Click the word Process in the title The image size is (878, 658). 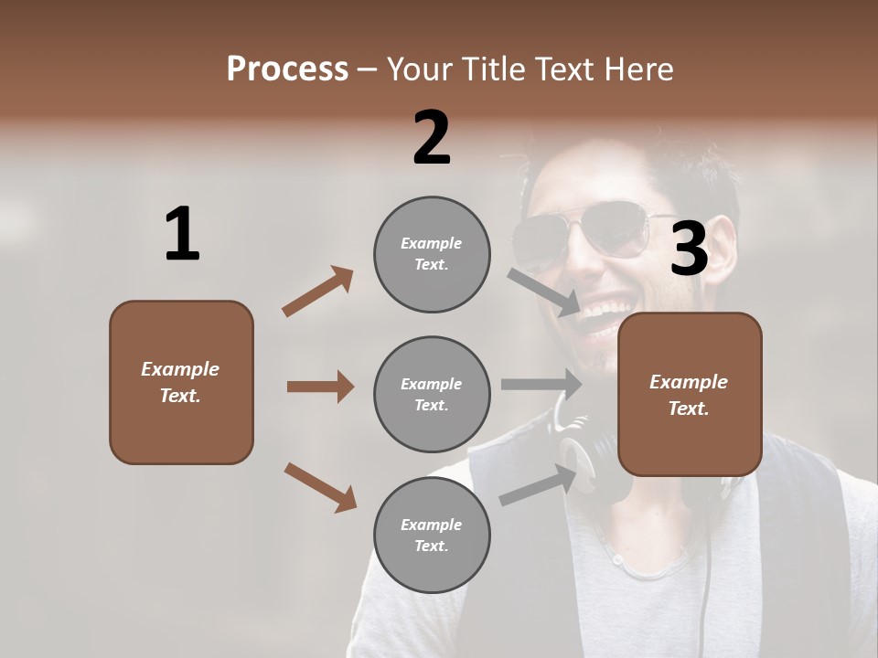(x=287, y=69)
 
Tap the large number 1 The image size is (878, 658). (x=182, y=234)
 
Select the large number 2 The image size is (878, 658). (x=432, y=137)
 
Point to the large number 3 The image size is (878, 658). (x=689, y=249)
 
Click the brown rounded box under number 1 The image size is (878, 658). (x=181, y=382)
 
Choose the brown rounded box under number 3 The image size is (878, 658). (x=690, y=394)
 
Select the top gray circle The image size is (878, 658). (x=432, y=254)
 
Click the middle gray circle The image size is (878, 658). (x=432, y=394)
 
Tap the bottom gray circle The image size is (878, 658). (x=432, y=535)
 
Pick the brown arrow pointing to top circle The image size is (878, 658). (x=317, y=292)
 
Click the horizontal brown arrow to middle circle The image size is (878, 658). (x=319, y=387)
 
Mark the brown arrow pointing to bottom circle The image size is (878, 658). (x=319, y=486)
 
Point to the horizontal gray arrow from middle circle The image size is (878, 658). (x=541, y=385)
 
